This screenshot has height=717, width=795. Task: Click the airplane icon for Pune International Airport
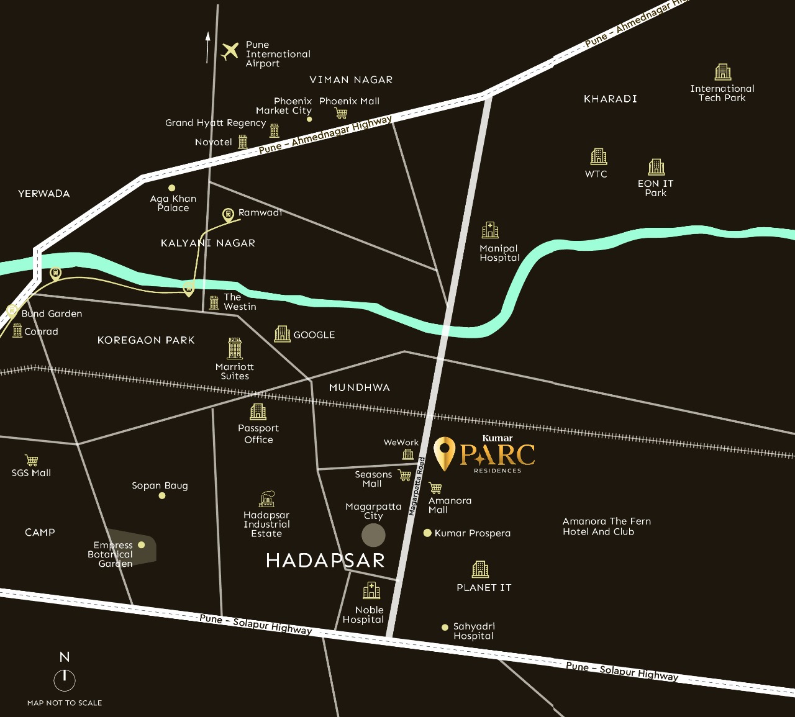click(x=230, y=51)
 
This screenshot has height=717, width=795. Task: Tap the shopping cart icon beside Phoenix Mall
click(x=341, y=113)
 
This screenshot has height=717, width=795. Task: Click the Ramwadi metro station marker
click(x=229, y=215)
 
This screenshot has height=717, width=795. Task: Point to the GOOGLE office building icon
click(x=282, y=334)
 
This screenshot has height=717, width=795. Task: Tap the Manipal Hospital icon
click(x=490, y=230)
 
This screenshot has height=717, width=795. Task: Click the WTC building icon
click(x=598, y=156)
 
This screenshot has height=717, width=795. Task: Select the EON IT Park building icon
click(x=656, y=167)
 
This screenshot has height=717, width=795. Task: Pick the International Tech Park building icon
click(x=722, y=72)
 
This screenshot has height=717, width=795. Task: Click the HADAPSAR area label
click(x=325, y=561)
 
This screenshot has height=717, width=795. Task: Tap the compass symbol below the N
click(x=65, y=680)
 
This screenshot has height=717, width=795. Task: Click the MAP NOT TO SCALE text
click(x=65, y=703)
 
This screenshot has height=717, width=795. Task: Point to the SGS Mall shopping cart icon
click(x=32, y=460)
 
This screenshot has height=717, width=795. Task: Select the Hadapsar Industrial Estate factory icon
click(x=266, y=499)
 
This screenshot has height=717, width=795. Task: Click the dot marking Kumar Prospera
click(x=427, y=533)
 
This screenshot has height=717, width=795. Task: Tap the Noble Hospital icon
click(x=371, y=590)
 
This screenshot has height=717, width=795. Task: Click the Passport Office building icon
click(x=258, y=412)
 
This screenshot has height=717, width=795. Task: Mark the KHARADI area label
click(x=610, y=99)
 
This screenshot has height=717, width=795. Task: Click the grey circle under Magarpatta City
click(x=373, y=534)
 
